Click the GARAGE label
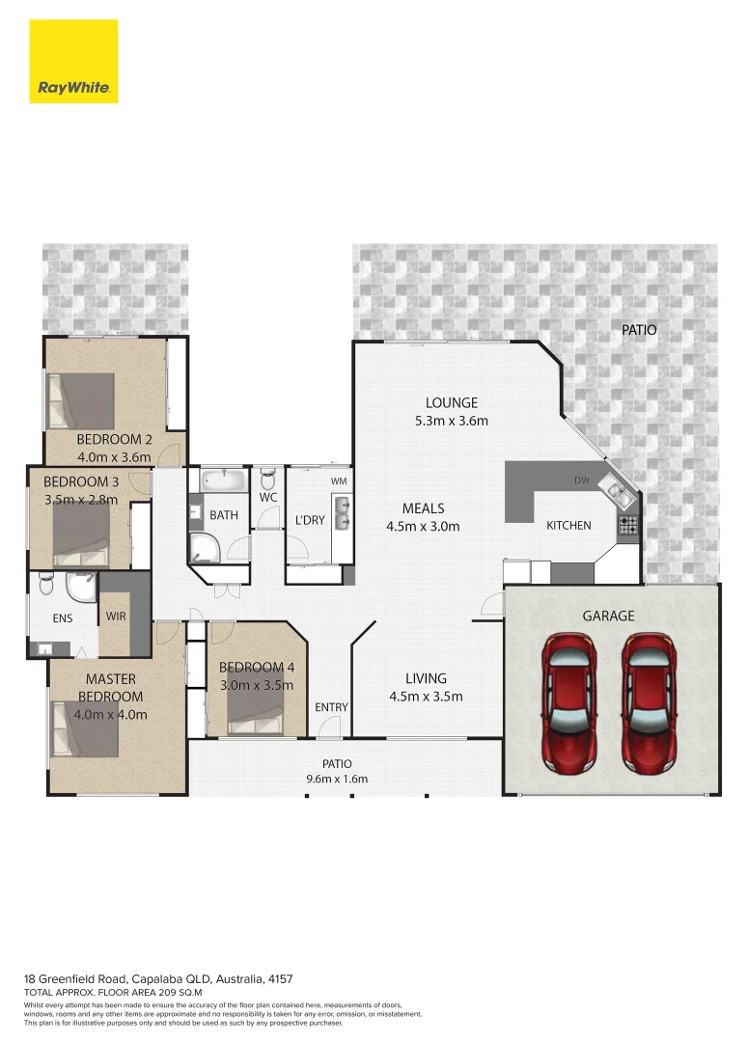[x=608, y=616]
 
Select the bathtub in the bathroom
[x=225, y=480]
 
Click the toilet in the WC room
[x=267, y=479]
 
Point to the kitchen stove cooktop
[x=627, y=525]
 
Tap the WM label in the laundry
[x=339, y=480]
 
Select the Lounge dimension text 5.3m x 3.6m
[x=452, y=421]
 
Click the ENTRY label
[x=331, y=707]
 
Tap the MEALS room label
[x=423, y=508]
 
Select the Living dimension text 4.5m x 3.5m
[x=427, y=697]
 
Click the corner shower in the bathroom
[x=205, y=548]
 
